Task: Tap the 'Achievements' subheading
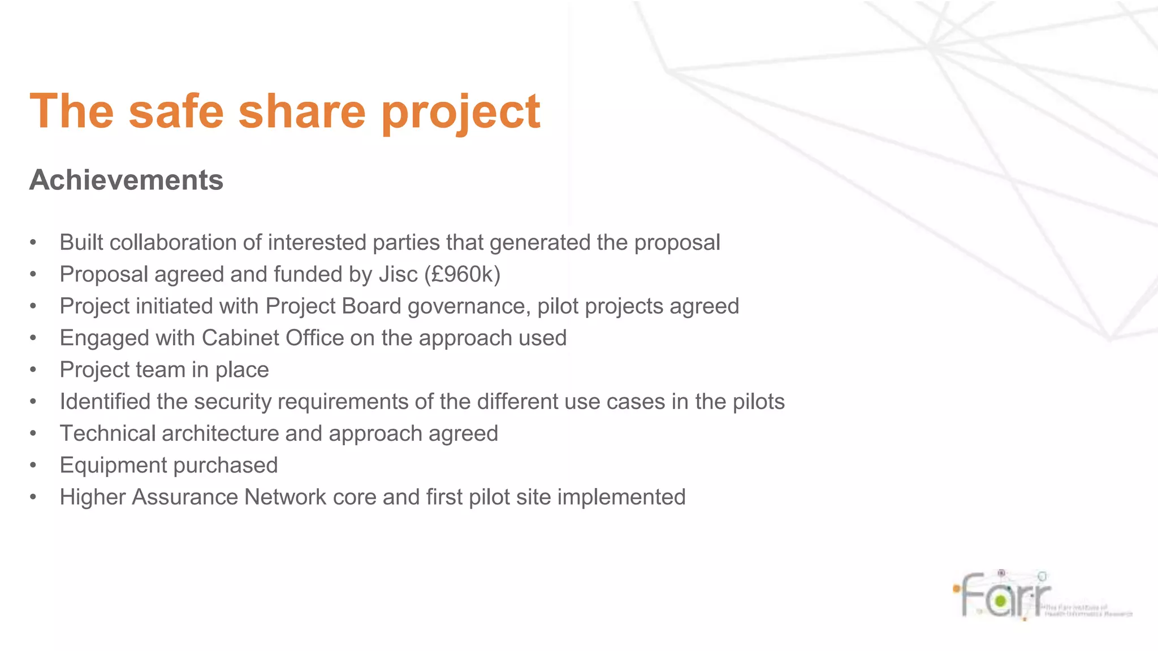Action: click(126, 180)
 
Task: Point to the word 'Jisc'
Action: click(398, 275)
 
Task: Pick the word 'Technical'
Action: click(107, 433)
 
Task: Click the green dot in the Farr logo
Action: click(1000, 601)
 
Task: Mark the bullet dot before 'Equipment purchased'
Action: click(33, 466)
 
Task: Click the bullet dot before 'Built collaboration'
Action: click(33, 243)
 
